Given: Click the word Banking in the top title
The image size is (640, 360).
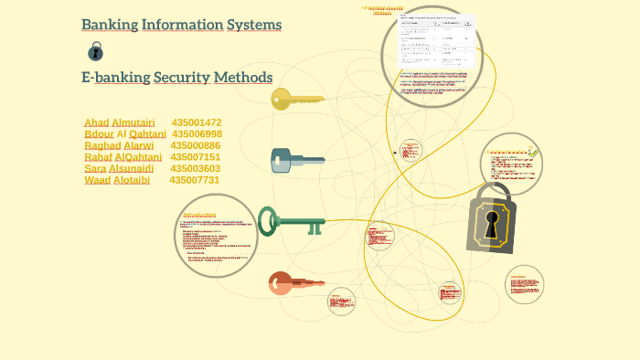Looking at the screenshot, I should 109,25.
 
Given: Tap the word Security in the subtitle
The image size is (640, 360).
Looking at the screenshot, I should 182,78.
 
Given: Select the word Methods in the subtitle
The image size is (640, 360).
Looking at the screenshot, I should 243,78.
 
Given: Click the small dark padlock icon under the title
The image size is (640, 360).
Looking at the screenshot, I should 95,51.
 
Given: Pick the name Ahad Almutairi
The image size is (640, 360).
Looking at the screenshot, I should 119,122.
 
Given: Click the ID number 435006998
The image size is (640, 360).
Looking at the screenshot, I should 197,134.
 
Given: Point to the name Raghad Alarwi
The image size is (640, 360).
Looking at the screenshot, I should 119,146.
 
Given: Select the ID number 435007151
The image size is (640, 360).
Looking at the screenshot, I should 196,157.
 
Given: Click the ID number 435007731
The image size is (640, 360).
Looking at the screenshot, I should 195,180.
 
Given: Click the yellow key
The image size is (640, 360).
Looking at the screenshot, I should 297,99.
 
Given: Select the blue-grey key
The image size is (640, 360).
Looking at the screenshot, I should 297,162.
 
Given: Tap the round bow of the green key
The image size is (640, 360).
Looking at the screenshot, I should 268,220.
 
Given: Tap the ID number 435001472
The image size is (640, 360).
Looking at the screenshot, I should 197,122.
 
